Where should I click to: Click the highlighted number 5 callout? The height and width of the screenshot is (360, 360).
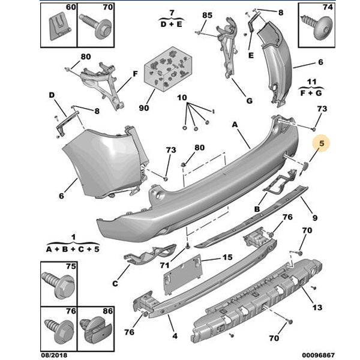(322, 143)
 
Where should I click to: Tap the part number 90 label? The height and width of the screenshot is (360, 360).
(143, 108)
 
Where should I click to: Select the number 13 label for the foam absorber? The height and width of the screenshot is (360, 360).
(317, 308)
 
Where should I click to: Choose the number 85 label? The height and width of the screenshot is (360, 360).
(207, 14)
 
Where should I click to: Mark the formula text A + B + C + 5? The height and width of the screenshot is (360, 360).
(73, 248)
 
